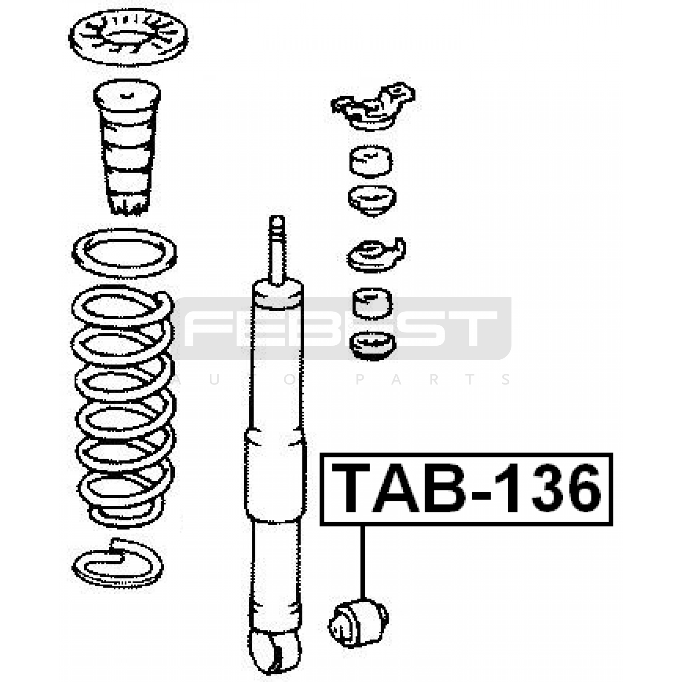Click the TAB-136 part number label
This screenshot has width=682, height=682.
pyautogui.click(x=466, y=489)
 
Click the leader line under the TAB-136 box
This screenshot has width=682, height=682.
pyautogui.click(x=363, y=562)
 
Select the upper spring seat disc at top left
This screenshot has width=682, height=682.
pyautogui.click(x=128, y=38)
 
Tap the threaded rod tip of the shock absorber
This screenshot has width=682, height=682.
pyautogui.click(x=277, y=222)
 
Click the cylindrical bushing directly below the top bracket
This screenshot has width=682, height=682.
pyautogui.click(x=370, y=161)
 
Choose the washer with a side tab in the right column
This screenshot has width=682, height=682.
pyautogui.click(x=376, y=255)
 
